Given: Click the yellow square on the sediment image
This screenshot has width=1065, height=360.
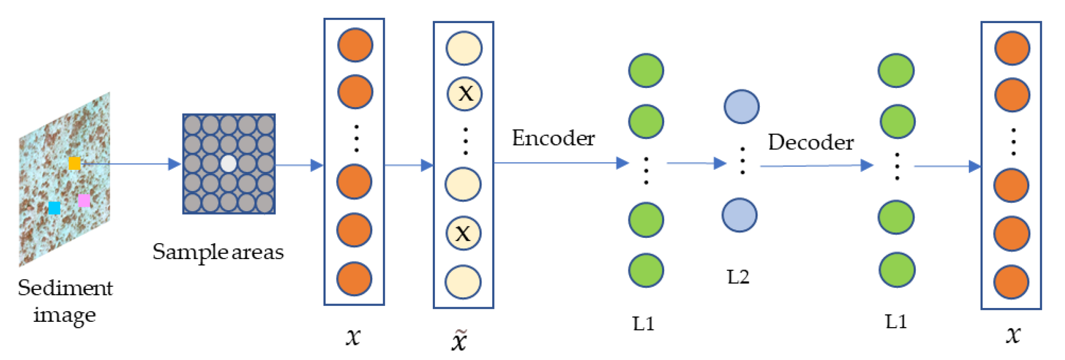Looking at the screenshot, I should [75, 163].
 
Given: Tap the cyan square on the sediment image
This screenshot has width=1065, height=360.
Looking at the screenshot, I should [54, 208].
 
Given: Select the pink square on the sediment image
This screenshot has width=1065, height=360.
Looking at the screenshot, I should [84, 200].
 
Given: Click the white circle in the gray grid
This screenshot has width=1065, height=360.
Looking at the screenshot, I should [228, 164].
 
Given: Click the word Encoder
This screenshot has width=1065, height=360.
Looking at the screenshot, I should [553, 138].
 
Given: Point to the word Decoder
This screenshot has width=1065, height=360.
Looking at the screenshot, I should [811, 142].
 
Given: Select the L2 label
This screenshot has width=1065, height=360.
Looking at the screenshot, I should [738, 277].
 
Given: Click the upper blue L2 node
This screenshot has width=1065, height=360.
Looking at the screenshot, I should [742, 107].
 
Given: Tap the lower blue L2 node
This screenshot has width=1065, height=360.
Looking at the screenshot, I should [739, 215].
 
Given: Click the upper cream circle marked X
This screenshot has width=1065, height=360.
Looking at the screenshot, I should [465, 93].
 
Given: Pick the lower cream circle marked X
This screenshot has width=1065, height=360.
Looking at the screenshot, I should [463, 233].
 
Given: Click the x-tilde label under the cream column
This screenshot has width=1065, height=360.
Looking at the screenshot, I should [459, 340].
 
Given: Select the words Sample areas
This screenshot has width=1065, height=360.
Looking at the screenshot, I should [218, 252].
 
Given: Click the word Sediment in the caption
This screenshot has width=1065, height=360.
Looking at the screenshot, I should [65, 288].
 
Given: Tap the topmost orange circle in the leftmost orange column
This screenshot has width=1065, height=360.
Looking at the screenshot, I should [355, 45].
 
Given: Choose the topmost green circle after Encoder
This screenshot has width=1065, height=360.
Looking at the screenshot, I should [646, 70].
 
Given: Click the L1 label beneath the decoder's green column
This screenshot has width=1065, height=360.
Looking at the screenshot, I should [896, 321].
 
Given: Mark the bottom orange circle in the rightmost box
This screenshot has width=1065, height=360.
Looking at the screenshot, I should [1011, 282].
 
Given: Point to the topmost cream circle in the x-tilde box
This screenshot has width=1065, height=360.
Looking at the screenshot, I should [464, 48].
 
